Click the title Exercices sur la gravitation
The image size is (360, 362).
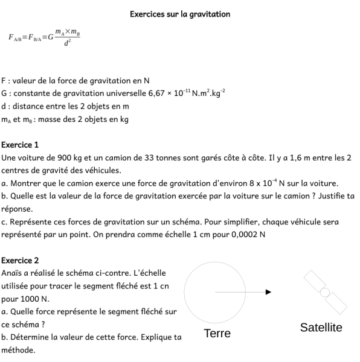180,14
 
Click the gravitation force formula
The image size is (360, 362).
44,39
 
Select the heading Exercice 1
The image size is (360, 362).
20,145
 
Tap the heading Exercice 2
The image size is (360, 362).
20,261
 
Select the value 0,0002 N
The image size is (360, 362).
246,234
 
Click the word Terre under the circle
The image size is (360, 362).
217,334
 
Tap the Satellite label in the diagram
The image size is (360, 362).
321,328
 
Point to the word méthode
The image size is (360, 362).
18,349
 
